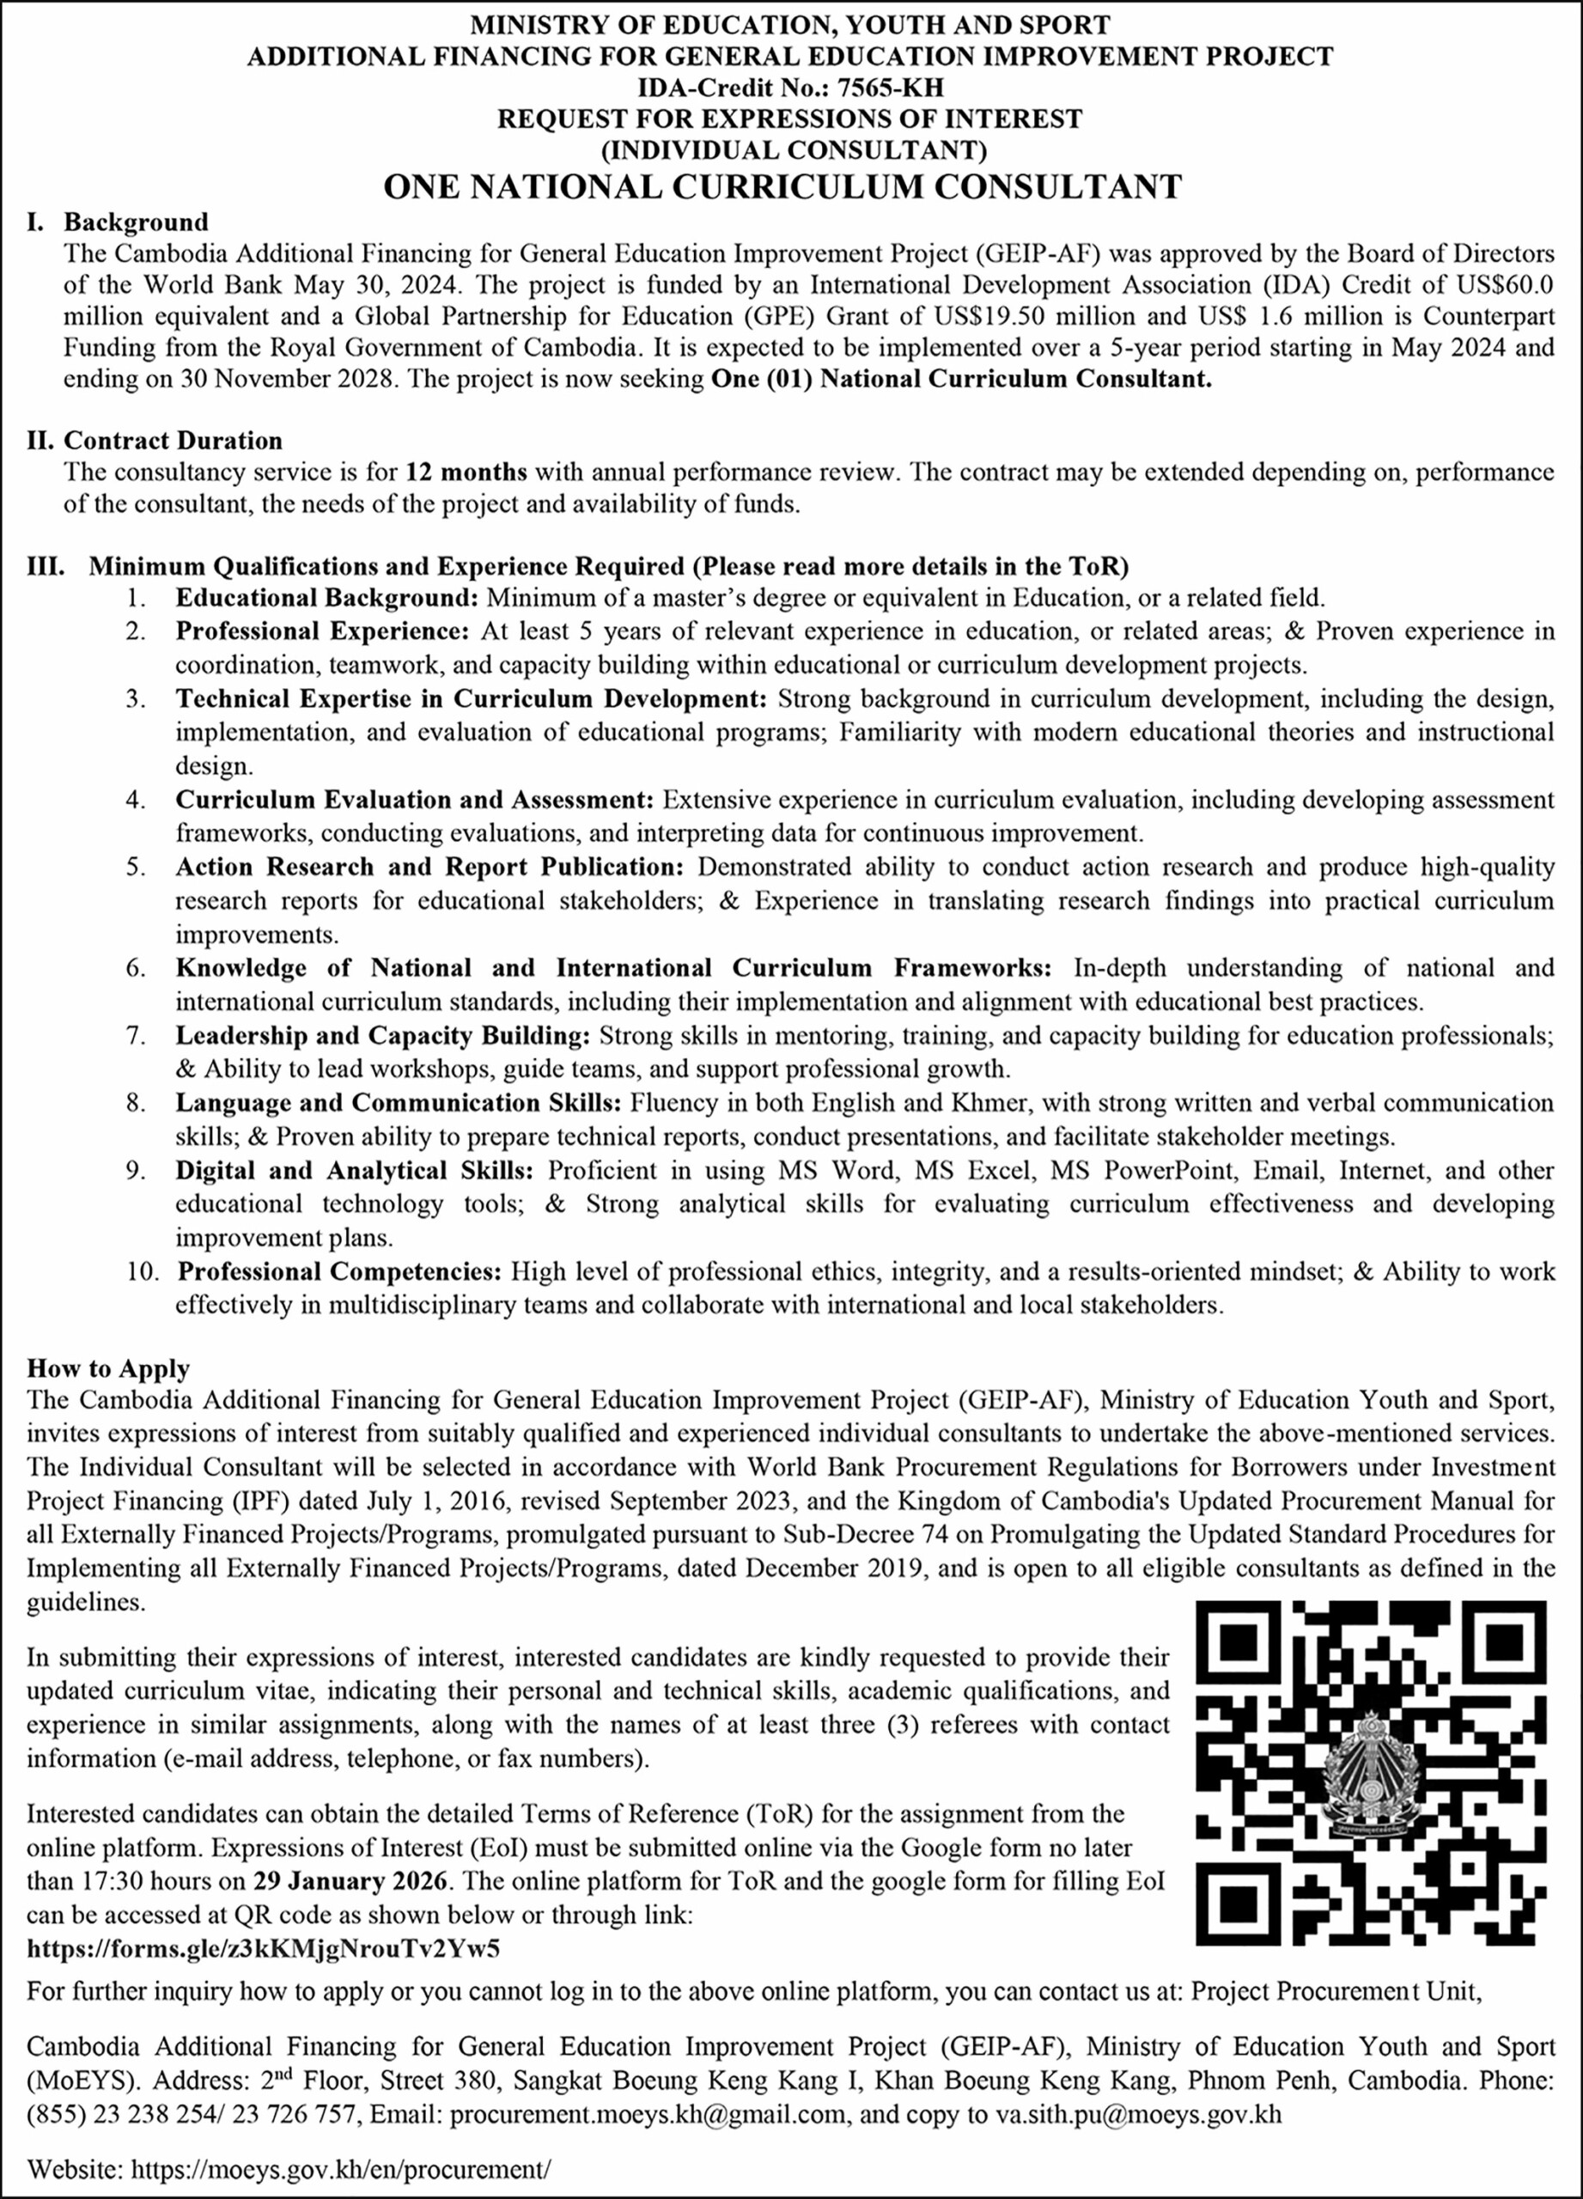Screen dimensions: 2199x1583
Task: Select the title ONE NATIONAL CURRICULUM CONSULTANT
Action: click(782, 186)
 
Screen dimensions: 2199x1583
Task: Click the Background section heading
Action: click(136, 223)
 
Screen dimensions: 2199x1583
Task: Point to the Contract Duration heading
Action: click(173, 442)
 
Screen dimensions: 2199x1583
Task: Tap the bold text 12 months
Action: click(466, 473)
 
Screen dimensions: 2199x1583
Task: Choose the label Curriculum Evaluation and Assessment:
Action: click(415, 800)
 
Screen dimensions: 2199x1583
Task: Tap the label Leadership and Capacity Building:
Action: click(382, 1036)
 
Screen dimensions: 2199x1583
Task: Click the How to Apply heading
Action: click(107, 1369)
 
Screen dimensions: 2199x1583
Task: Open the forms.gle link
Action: click(264, 1976)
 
